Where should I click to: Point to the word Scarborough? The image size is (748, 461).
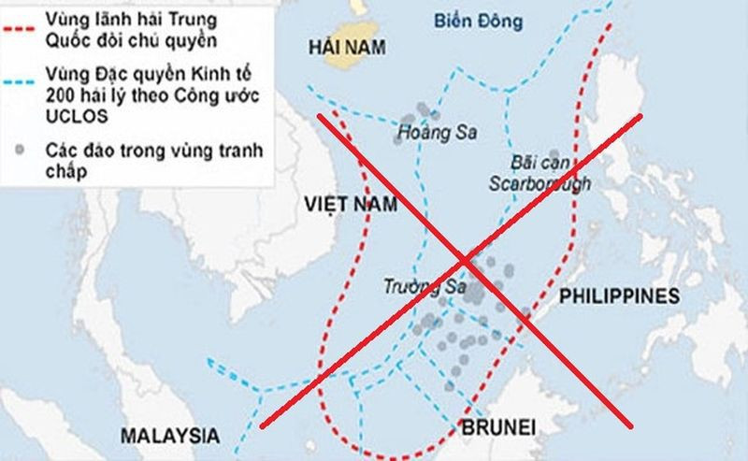[x=539, y=183]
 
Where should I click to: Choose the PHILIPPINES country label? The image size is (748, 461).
[x=618, y=296]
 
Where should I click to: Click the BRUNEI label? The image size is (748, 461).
[x=498, y=429]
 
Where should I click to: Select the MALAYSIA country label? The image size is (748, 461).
[x=169, y=436]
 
